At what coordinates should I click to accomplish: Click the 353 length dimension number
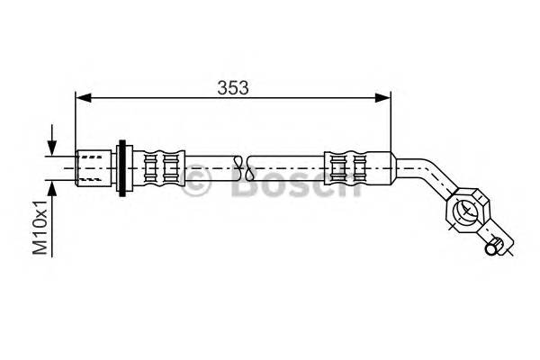[232, 87]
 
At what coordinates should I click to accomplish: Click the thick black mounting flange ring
[121, 166]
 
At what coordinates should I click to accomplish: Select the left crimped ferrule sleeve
[161, 166]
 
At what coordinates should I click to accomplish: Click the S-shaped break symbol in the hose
[238, 166]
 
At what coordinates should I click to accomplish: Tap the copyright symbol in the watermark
[196, 185]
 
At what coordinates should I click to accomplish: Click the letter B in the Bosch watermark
[241, 185]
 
